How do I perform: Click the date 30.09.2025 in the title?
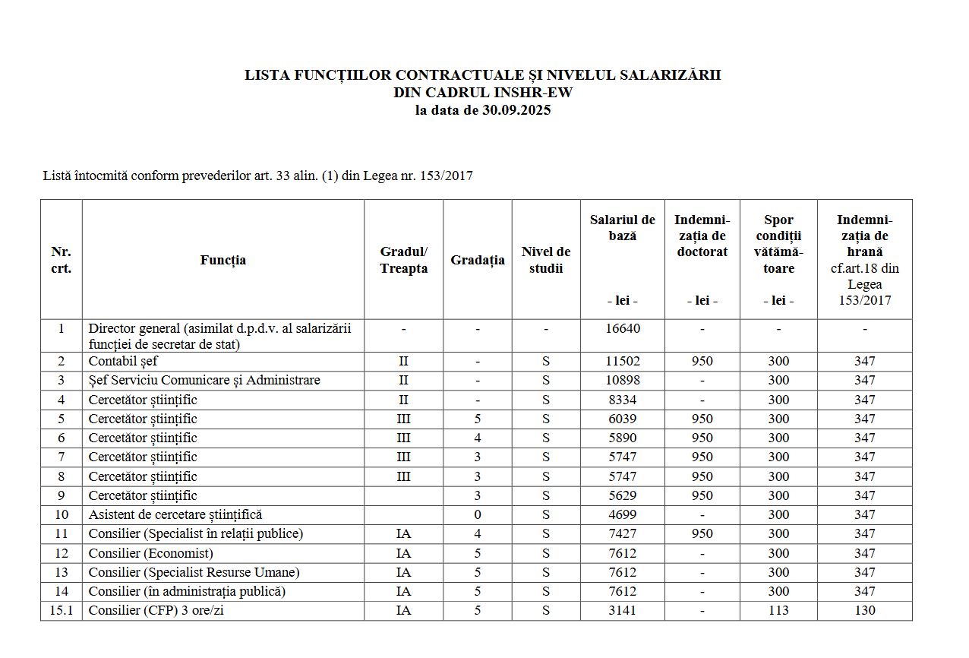point(516,110)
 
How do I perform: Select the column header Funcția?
point(223,260)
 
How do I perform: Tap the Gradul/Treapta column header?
point(403,260)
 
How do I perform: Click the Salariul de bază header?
point(622,227)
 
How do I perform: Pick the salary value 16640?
point(622,329)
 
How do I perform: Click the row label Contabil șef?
point(123,362)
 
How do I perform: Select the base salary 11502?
point(622,362)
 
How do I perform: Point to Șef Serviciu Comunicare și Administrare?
point(204,380)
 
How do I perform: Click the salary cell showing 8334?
point(622,400)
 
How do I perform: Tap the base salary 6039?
point(622,419)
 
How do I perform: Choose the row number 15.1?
point(61,610)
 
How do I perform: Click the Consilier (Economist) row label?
point(150,553)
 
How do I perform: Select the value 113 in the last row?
point(778,610)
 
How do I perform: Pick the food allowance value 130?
point(864,610)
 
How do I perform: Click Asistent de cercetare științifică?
point(175,515)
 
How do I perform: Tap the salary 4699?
point(622,515)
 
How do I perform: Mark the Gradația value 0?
point(477,515)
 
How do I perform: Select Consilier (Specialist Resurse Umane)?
point(194,572)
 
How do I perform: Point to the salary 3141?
point(622,610)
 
